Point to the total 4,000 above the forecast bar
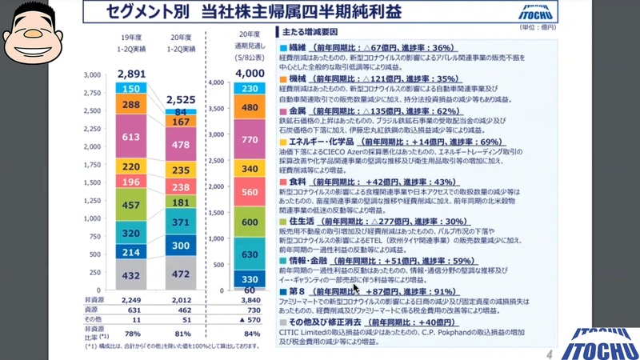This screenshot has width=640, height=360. coord(249,74)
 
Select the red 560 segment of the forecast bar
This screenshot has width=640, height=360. coord(249,192)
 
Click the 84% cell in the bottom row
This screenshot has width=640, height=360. coord(249,333)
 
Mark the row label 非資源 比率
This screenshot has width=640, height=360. coord(94,333)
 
